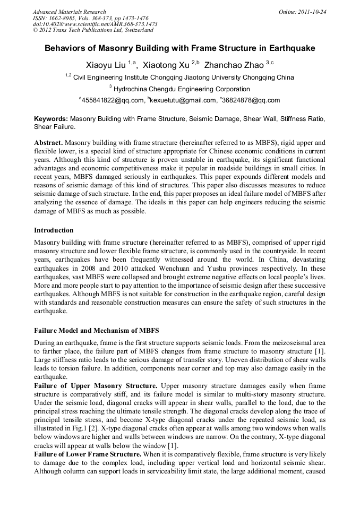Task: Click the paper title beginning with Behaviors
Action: [x=179, y=48]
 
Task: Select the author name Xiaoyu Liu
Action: [x=106, y=65]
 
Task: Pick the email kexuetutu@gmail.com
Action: [x=180, y=100]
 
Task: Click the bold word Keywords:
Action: [x=51, y=119]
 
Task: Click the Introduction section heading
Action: [x=54, y=230]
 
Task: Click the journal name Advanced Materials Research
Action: [x=69, y=12]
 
